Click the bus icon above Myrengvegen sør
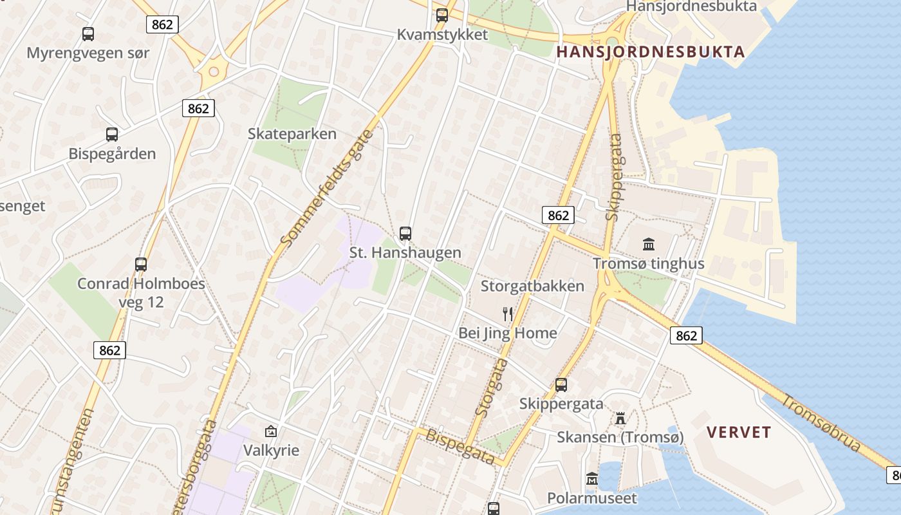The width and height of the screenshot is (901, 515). click(x=88, y=34)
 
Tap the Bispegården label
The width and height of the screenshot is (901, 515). click(x=112, y=154)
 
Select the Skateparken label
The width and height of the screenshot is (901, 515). click(x=292, y=134)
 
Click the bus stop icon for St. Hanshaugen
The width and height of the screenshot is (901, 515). click(x=405, y=234)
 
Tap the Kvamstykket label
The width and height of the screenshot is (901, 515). click(x=442, y=35)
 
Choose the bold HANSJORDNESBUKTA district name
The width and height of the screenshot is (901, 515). click(x=650, y=52)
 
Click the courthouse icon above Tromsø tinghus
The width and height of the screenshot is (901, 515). click(x=649, y=245)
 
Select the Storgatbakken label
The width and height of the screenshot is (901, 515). click(x=532, y=286)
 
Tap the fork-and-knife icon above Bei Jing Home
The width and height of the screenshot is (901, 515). click(x=508, y=314)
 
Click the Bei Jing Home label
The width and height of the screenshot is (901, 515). click(x=507, y=333)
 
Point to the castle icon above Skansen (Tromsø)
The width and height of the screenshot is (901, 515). click(x=620, y=418)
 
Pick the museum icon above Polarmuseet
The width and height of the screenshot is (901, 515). click(x=592, y=480)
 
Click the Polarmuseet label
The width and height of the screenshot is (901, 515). click(x=591, y=498)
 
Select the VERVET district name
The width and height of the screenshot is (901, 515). click(x=739, y=432)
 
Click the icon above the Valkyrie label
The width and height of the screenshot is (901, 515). click(x=271, y=431)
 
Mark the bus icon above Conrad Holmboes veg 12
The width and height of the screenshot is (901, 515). click(x=141, y=265)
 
